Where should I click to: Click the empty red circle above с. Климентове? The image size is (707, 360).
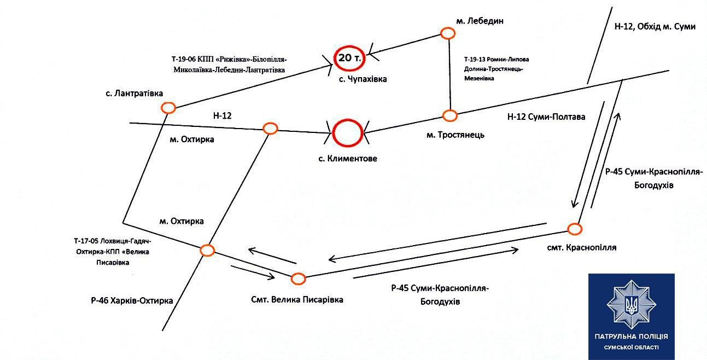348,133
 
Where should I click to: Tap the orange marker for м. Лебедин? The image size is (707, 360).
448,34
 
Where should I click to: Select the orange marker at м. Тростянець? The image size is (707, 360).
449,115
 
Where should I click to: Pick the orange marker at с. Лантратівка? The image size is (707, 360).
168,108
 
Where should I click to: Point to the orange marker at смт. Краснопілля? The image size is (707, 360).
574,229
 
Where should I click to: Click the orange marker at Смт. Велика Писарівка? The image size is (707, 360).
298,278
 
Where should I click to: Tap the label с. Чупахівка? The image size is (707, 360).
362,79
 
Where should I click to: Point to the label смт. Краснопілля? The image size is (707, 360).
581,247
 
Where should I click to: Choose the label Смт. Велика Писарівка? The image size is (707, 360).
297,299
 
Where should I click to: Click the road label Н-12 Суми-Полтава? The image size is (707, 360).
546,117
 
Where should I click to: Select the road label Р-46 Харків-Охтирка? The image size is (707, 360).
132,300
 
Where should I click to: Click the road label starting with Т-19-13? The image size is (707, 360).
496,69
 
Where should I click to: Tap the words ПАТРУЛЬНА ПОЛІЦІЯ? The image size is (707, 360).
631,336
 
